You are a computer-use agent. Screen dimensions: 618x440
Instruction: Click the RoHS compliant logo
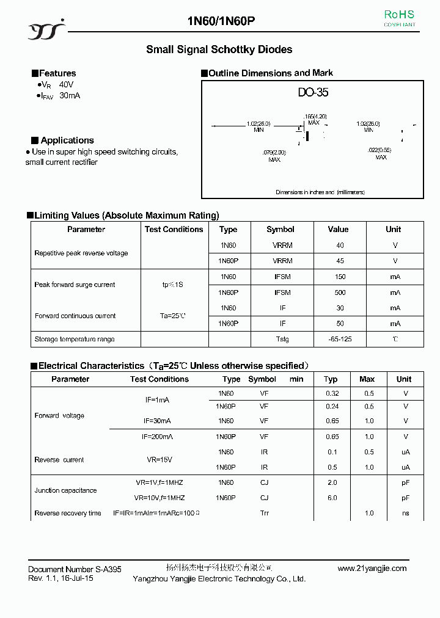[399, 17]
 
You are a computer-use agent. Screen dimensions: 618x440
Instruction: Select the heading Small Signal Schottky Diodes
[219, 49]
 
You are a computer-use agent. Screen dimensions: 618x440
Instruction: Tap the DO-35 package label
[313, 93]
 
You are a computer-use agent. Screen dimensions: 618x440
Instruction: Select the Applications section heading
[67, 140]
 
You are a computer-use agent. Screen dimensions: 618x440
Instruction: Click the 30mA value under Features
[70, 96]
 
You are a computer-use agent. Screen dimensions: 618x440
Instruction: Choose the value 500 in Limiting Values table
[340, 293]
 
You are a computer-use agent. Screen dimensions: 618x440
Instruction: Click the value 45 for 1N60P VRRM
[340, 261]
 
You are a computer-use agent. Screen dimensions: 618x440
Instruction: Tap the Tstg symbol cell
[282, 339]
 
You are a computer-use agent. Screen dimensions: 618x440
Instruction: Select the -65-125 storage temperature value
[340, 339]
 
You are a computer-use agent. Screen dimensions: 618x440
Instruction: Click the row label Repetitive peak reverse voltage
[81, 253]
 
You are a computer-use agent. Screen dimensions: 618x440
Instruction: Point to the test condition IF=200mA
[157, 437]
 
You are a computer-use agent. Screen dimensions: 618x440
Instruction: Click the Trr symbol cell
[264, 513]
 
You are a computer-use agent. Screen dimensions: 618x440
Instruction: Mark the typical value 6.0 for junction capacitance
[332, 498]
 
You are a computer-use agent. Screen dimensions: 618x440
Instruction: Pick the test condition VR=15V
[159, 459]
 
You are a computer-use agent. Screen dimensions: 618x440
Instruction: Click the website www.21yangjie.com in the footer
[372, 569]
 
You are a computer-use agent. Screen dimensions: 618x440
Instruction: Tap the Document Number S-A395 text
[75, 569]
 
